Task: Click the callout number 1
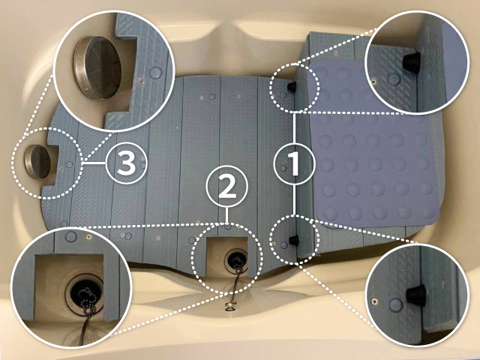pos(295,163)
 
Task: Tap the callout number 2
pos(226,187)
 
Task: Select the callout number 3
pos(127,163)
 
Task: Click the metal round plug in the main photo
pos(37,162)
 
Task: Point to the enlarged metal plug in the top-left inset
pos(97,67)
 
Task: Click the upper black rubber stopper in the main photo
pos(292,87)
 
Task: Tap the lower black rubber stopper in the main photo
pos(294,240)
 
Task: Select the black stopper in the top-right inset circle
pos(411,61)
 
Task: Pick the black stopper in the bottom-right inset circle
pos(416,295)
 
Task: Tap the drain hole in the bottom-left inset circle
pos(83,293)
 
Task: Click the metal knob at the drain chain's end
pos(229,304)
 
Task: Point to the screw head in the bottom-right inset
pos(373,301)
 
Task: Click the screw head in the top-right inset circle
pos(373,82)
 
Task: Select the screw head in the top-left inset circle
pos(141,81)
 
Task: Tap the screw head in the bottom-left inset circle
pos(88,236)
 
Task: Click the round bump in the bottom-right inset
pos(395,305)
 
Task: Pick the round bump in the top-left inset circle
pos(156,73)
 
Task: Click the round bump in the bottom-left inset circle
pos(71,236)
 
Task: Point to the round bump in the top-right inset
pos(394,79)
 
